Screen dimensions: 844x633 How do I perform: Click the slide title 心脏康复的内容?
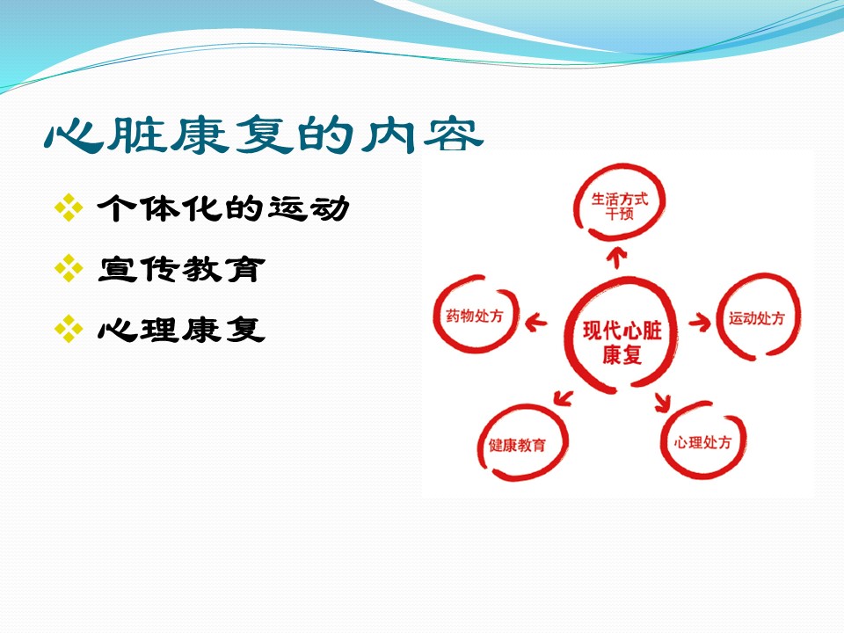coord(263,135)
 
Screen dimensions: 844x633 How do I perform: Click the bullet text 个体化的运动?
coord(222,208)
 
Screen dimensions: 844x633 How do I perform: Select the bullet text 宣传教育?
coord(181,269)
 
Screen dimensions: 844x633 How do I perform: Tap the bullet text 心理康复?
coord(181,329)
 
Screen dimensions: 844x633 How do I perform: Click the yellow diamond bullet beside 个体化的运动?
coord(69,207)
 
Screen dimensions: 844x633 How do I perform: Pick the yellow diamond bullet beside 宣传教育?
coord(69,268)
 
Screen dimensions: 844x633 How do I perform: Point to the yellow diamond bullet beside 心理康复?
coord(69,328)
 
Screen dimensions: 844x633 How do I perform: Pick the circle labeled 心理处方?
coord(663,441)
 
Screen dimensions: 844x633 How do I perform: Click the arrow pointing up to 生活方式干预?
coord(617,258)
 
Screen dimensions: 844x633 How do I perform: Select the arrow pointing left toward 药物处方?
coord(536,323)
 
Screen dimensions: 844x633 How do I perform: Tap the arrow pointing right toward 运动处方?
coord(700,322)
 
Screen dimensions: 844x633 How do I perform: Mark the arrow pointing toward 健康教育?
coord(563,398)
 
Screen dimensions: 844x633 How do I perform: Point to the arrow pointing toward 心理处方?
coord(663,402)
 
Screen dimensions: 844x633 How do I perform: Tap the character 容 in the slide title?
coord(454,135)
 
